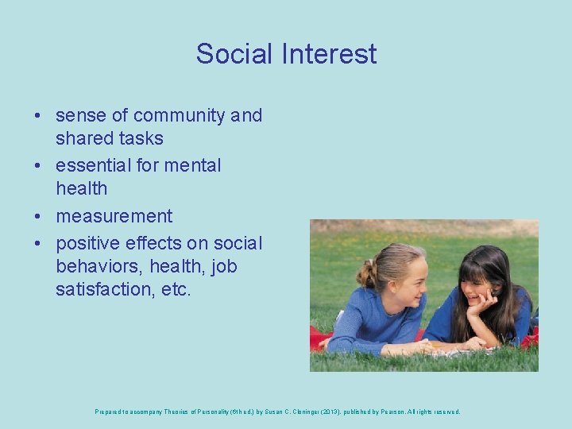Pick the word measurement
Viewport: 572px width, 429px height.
coord(114,216)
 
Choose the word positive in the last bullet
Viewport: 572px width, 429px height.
coord(87,243)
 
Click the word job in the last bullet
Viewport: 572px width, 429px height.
coord(224,266)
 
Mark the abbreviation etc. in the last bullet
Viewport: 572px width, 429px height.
coord(176,289)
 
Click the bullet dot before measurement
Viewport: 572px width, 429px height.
coord(38,217)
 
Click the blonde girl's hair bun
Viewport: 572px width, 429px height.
coord(366,274)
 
